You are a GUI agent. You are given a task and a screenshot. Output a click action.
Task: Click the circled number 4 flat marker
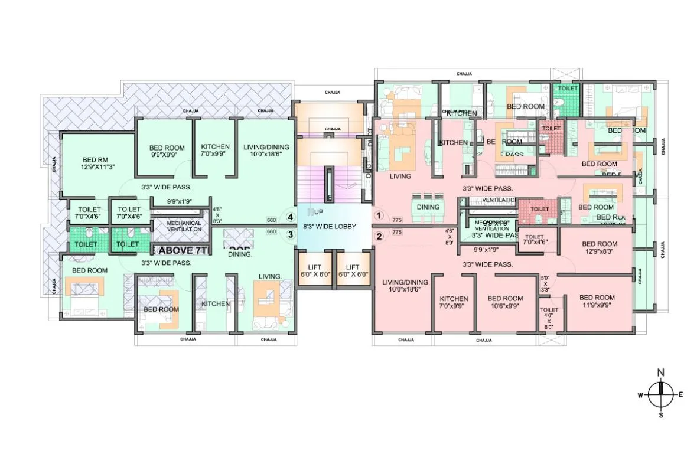pyautogui.click(x=290, y=217)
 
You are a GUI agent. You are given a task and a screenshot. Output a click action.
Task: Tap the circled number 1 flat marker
pyautogui.click(x=379, y=217)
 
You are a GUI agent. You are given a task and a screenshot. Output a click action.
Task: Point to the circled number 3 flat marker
pyautogui.click(x=290, y=235)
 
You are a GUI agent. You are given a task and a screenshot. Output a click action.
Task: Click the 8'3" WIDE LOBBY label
pyautogui.click(x=330, y=225)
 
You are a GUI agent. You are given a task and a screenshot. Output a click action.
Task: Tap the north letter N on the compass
pyautogui.click(x=661, y=372)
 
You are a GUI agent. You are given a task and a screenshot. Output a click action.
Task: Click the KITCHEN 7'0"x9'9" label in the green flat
pyautogui.click(x=215, y=151)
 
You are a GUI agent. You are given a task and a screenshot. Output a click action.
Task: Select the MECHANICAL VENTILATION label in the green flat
pyautogui.click(x=184, y=225)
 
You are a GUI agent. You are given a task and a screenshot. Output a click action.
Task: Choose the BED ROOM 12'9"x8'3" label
pyautogui.click(x=599, y=247)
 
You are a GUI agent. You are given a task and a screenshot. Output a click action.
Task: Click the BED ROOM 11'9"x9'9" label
pyautogui.click(x=596, y=301)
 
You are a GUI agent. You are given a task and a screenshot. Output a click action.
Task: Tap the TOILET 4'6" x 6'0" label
pyautogui.click(x=549, y=318)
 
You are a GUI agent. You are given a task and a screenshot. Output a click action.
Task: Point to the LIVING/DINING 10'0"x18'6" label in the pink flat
pyautogui.click(x=404, y=286)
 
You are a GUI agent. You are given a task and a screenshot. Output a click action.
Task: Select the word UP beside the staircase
pyautogui.click(x=318, y=211)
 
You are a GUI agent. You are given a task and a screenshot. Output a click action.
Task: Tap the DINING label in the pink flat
pyautogui.click(x=428, y=207)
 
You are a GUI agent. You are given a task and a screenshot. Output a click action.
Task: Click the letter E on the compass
pyautogui.click(x=680, y=394)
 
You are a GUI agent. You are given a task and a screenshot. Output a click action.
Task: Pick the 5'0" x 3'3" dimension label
pyautogui.click(x=545, y=283)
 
